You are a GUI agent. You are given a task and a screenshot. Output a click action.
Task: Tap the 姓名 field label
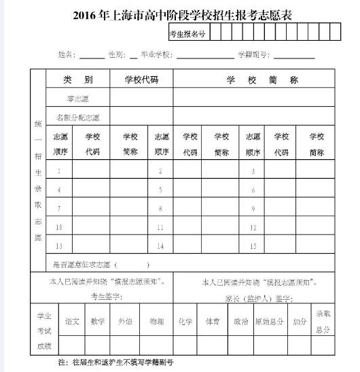tap(67, 54)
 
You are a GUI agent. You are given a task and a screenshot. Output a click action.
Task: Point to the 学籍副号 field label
tap(253, 54)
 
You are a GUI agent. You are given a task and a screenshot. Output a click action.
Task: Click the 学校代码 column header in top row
tap(141, 80)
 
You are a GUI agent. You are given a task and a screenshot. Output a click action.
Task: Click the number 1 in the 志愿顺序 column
tap(59, 171)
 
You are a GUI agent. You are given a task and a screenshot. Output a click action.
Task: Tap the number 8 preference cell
tap(160, 208)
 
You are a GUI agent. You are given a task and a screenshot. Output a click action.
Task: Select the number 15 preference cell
tap(253, 246)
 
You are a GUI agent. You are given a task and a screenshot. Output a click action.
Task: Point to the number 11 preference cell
tap(160, 227)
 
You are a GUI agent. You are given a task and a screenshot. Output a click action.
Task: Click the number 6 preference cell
tap(253, 190)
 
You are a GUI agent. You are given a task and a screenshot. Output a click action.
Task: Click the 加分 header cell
tap(300, 321)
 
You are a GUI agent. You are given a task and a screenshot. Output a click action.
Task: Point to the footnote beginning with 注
tap(115, 363)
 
